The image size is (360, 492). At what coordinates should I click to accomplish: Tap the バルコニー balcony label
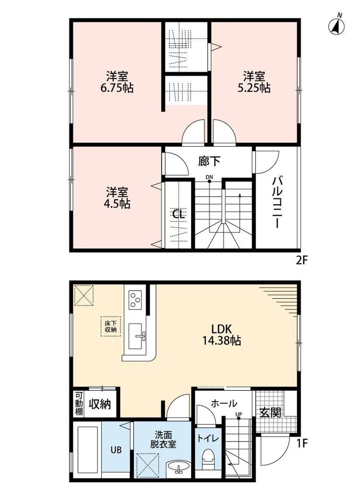[x=276, y=202]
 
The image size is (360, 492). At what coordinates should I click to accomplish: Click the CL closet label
[x=179, y=214]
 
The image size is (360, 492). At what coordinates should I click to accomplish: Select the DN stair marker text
[x=209, y=177]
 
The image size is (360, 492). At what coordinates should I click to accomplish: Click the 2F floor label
[x=301, y=261]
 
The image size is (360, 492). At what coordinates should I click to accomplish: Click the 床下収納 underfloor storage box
[x=110, y=327]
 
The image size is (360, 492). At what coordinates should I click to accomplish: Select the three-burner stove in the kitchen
[x=135, y=300]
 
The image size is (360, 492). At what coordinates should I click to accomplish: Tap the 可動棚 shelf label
[x=79, y=404]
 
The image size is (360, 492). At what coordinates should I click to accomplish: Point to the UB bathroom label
[x=117, y=450]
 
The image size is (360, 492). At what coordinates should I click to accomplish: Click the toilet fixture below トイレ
[x=207, y=461]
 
